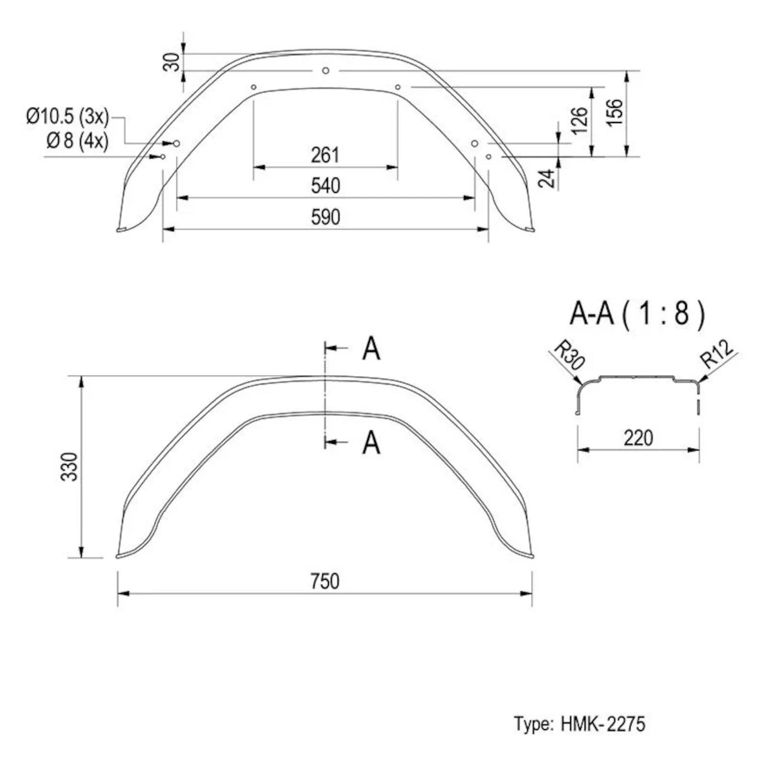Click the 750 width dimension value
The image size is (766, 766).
tap(325, 581)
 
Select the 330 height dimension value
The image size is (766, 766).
tap(69, 466)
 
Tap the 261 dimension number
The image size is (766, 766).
tap(325, 155)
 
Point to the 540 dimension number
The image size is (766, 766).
tap(325, 186)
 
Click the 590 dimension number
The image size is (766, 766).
tap(325, 218)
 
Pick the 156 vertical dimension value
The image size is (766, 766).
tap(615, 112)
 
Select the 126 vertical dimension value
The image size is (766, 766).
tap(580, 121)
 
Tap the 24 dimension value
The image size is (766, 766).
tap(546, 178)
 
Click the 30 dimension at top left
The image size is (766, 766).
tap(173, 62)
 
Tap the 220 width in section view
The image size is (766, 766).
tap(638, 438)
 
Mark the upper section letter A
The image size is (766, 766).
tap(371, 349)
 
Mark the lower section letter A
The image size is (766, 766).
tap(371, 443)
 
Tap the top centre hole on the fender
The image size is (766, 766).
tap(326, 70)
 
